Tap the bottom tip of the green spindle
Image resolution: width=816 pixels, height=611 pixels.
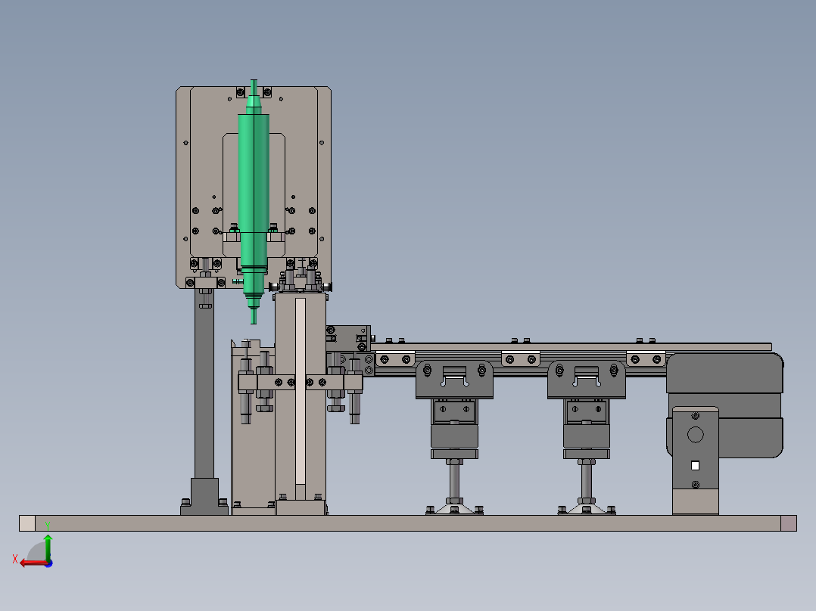tap(254, 324)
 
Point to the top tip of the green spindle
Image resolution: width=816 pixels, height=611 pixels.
tap(254, 80)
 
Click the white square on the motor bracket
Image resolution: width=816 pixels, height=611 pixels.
tap(695, 465)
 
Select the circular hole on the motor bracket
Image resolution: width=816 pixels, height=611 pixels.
tap(695, 434)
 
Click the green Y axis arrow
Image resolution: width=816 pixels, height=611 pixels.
tap(48, 547)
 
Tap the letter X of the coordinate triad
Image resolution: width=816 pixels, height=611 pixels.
tap(15, 559)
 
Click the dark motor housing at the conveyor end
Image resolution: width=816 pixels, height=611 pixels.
tap(725, 405)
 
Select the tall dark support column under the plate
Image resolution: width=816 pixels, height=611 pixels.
tap(204, 385)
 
